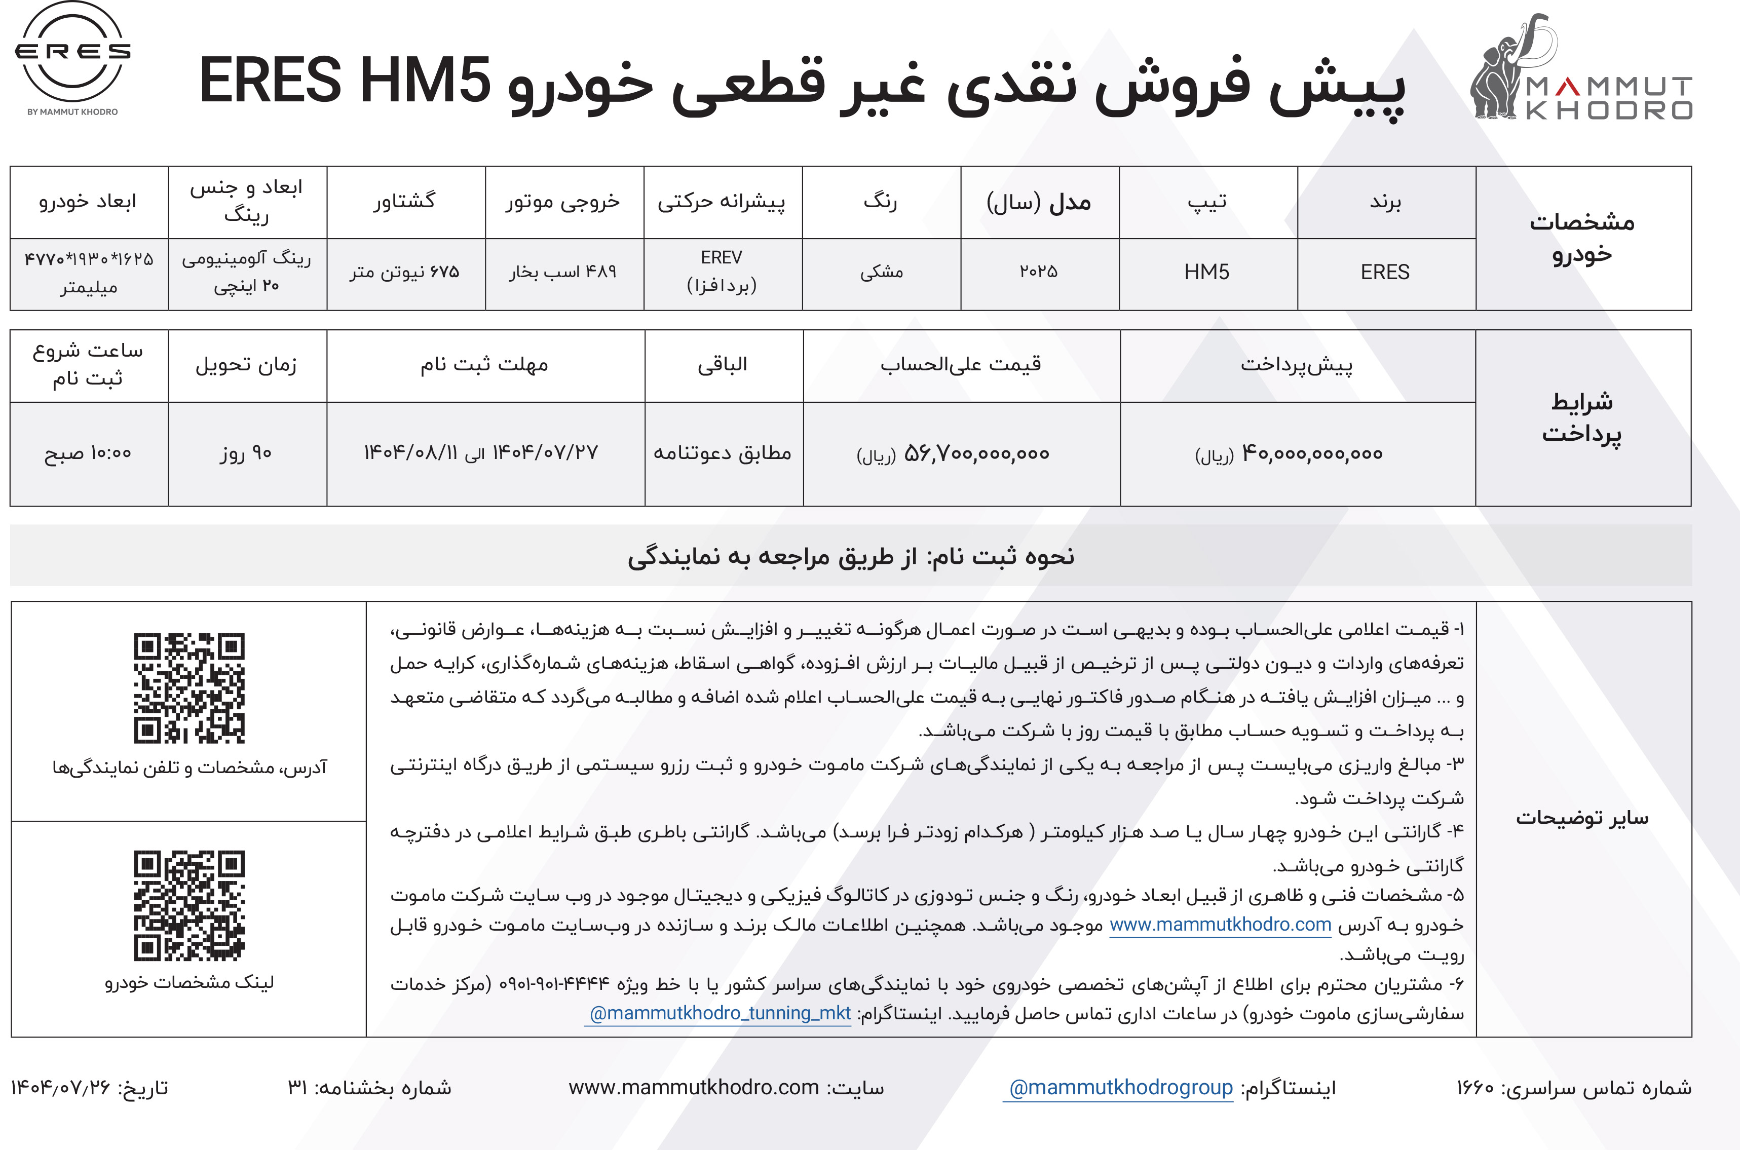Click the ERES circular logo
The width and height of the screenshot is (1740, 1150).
pos(72,53)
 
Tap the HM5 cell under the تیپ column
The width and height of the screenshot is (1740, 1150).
pos(1207,272)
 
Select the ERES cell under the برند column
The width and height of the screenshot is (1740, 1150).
pos(1385,272)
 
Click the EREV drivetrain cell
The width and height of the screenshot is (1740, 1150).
pos(722,272)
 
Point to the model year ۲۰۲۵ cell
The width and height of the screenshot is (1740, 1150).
pos(1039,272)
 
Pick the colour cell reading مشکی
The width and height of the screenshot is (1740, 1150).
pos(881,272)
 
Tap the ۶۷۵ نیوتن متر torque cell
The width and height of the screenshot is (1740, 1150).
pos(404,272)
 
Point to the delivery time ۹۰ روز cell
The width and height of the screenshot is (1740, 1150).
pos(246,453)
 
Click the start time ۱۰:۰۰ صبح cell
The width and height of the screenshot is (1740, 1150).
pos(88,453)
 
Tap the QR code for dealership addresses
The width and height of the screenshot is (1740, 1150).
pos(190,688)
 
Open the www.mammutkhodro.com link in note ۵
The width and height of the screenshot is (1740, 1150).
pos(1220,925)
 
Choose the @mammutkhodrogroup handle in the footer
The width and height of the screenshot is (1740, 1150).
pos(1120,1088)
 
